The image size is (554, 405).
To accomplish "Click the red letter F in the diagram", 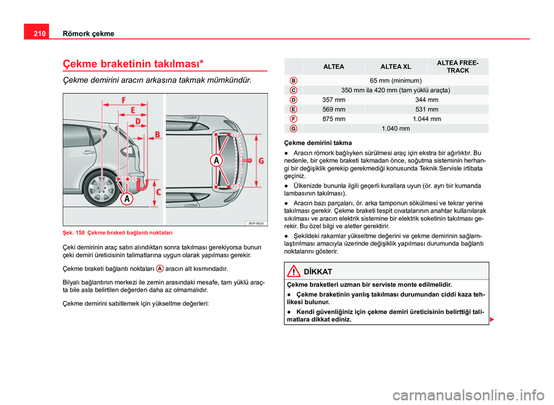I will (123, 99).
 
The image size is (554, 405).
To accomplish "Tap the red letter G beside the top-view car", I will (261, 161).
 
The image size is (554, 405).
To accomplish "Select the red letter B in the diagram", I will (158, 135).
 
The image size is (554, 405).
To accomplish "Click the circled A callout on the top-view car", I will (216, 160).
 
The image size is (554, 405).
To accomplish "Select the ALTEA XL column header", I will (395, 67).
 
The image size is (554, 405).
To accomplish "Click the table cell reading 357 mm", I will (334, 100).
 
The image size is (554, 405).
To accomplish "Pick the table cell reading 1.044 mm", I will (427, 118).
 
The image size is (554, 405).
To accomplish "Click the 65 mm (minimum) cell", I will (395, 80).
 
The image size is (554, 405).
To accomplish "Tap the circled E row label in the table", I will (294, 109).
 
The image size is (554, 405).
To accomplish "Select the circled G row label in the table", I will (294, 128).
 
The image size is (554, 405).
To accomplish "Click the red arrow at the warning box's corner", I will (492, 319).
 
